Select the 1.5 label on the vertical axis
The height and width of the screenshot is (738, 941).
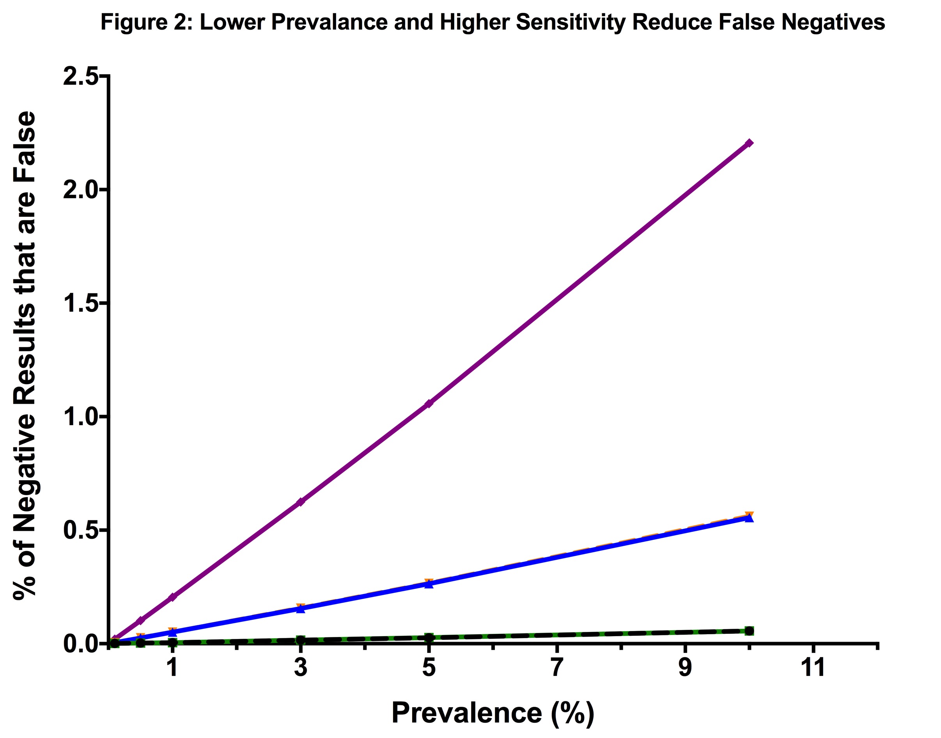pos(80,303)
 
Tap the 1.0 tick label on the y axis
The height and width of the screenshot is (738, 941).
pos(80,417)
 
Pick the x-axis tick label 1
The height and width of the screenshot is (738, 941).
pos(172,667)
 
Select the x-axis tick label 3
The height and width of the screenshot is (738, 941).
pos(301,667)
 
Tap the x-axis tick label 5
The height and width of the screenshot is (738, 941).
pos(429,667)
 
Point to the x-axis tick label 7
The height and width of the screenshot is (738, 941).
pos(557,667)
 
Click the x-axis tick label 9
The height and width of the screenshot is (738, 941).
pos(685,667)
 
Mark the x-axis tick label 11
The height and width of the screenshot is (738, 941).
pos(813,667)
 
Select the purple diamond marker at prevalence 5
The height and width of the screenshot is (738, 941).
pos(429,404)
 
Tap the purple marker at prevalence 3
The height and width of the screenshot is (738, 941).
pos(301,502)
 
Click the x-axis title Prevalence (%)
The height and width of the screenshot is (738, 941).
pos(493,713)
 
